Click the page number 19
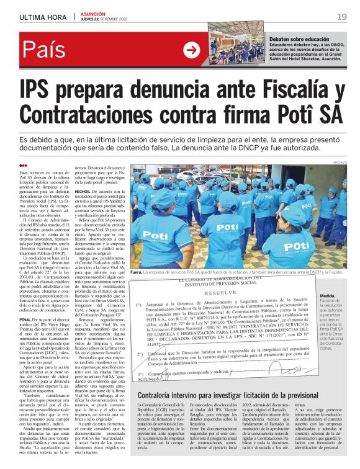click(x=342, y=16)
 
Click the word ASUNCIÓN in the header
click(x=92, y=13)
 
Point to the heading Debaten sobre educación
click(x=299, y=39)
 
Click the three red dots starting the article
click(x=23, y=165)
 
